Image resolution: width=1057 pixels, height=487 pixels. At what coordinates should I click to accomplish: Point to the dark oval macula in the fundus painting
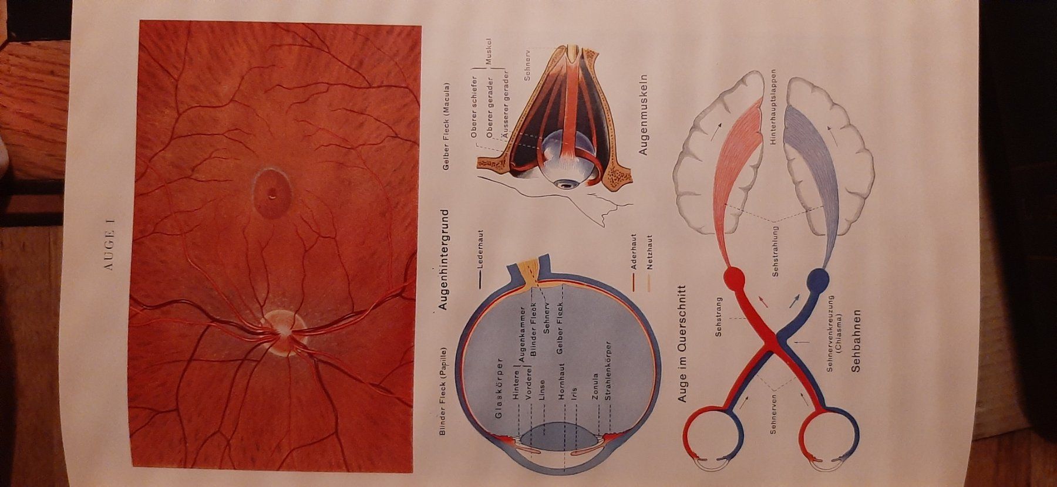(x=271, y=194)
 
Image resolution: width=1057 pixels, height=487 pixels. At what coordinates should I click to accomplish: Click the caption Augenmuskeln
(x=642, y=115)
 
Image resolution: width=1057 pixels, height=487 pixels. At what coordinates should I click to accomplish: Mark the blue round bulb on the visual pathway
(x=817, y=280)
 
